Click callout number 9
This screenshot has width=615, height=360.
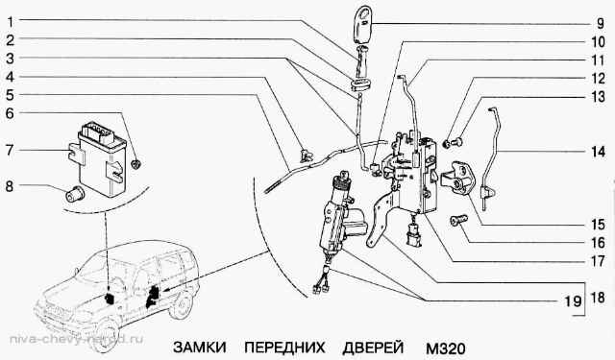[x=600, y=24]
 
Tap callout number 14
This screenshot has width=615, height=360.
[x=598, y=152]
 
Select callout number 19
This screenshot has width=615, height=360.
[x=573, y=301]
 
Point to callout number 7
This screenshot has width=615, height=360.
[x=10, y=150]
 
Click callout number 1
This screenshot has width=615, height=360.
[x=11, y=21]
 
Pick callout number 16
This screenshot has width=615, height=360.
[x=598, y=243]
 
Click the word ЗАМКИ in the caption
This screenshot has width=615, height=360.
[x=200, y=348]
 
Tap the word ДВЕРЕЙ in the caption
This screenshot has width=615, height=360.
[x=373, y=348]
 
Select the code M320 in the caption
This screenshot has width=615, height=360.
[x=445, y=348]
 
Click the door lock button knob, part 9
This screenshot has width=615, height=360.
[x=362, y=24]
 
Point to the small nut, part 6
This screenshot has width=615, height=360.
[x=136, y=165]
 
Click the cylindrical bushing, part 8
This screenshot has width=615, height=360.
[x=72, y=194]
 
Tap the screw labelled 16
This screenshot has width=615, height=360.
[x=457, y=220]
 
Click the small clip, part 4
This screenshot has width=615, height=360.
[x=307, y=156]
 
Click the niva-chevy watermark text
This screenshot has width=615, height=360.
[x=77, y=339]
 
